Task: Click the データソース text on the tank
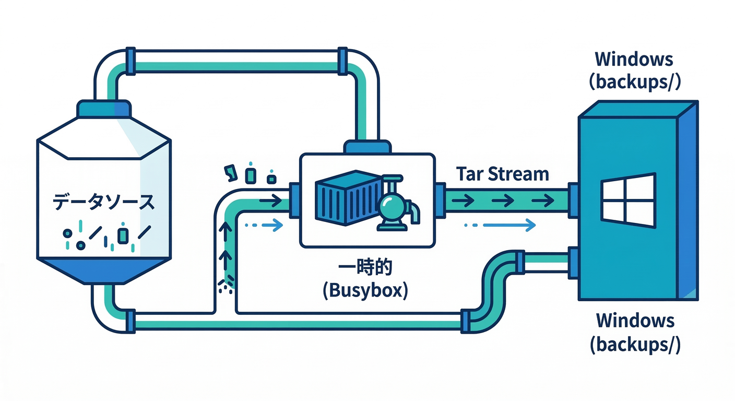[104, 202]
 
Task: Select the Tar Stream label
[502, 174]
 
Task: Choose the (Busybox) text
[365, 290]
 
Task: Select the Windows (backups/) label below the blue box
[635, 332]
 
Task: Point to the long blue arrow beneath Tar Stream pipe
[509, 226]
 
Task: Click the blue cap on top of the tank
[103, 109]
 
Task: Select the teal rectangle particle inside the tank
[123, 235]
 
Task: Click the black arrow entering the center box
[270, 199]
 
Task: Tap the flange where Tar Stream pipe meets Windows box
[573, 199]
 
